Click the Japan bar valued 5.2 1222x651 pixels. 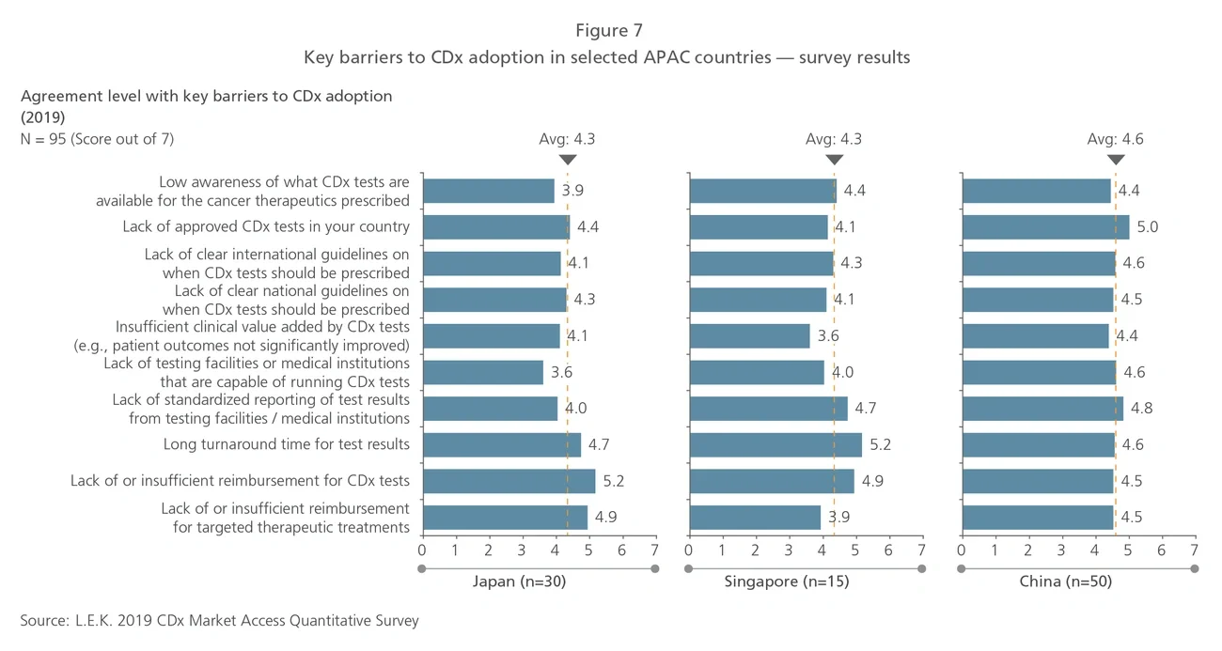(509, 481)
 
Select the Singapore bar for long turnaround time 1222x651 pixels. (775, 444)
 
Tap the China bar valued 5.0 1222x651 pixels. (1045, 227)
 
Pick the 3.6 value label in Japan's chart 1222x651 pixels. (561, 372)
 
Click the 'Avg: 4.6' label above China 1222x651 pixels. (1115, 139)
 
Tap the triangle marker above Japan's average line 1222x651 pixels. (567, 160)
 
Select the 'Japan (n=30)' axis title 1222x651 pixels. (519, 581)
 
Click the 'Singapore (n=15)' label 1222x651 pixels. (787, 581)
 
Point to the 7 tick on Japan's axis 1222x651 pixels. (655, 550)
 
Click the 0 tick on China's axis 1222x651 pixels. (962, 550)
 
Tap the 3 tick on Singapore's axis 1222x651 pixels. (789, 550)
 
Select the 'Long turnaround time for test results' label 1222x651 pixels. (286, 444)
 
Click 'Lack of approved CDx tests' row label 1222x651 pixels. (266, 227)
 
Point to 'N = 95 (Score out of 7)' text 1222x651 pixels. (97, 139)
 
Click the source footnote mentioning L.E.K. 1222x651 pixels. (219, 621)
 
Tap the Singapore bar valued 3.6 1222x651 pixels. (749, 336)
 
